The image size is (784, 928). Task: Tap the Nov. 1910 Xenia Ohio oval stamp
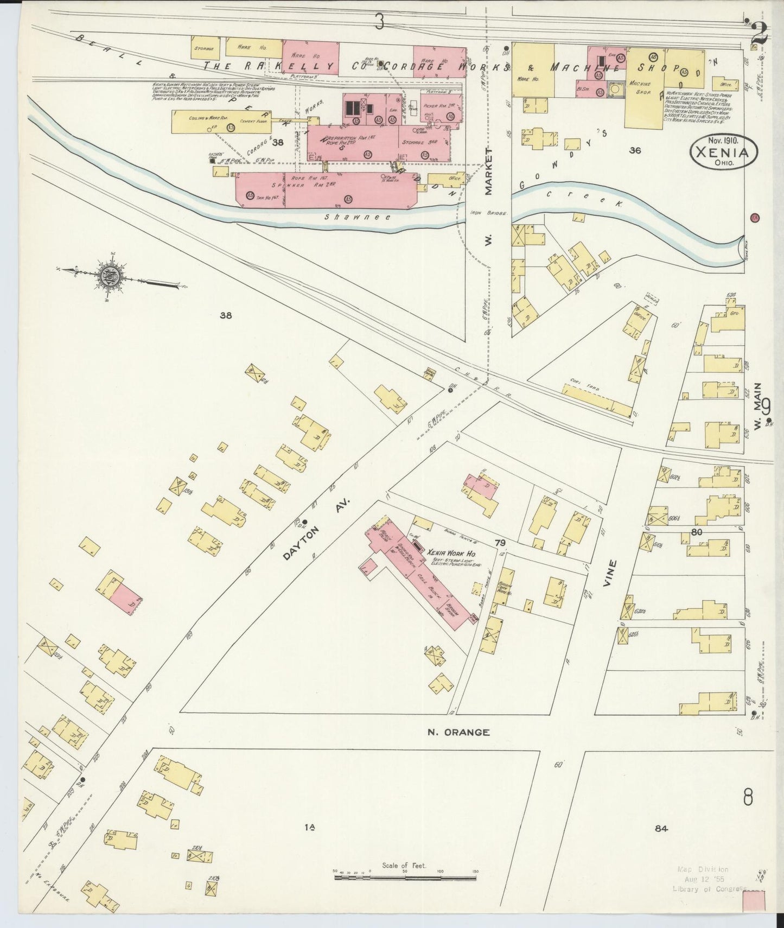point(724,151)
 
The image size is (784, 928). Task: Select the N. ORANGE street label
point(458,732)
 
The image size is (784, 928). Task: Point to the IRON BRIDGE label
point(488,214)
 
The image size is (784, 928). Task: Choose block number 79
point(499,542)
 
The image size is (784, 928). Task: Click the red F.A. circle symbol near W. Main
point(755,218)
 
